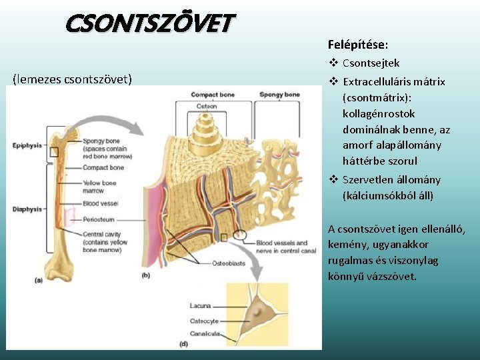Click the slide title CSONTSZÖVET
click(x=149, y=25)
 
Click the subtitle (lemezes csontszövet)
click(x=72, y=80)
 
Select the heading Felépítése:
click(x=358, y=45)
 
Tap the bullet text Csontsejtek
click(x=371, y=63)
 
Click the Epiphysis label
click(x=27, y=145)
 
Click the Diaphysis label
click(x=26, y=209)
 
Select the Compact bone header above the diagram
click(x=213, y=95)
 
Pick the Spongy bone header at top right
click(x=279, y=95)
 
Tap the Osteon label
click(x=207, y=107)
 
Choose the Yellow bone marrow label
click(x=99, y=187)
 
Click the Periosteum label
click(x=98, y=219)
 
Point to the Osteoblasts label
click(x=229, y=264)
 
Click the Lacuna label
click(x=200, y=306)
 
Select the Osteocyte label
click(x=204, y=321)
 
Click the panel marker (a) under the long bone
click(x=39, y=281)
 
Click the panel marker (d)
click(x=184, y=344)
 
